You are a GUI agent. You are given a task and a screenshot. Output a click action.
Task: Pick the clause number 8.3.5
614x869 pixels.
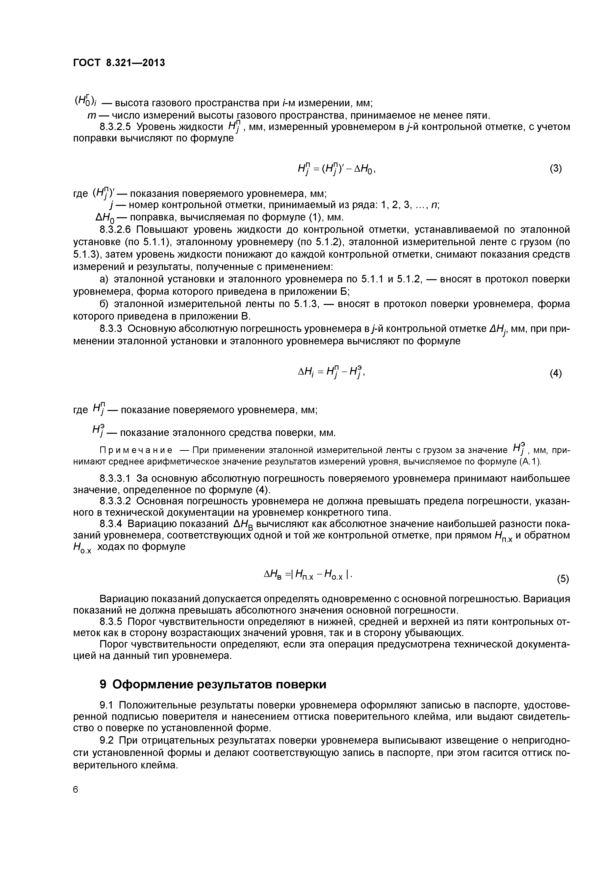pyautogui.click(x=111, y=622)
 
